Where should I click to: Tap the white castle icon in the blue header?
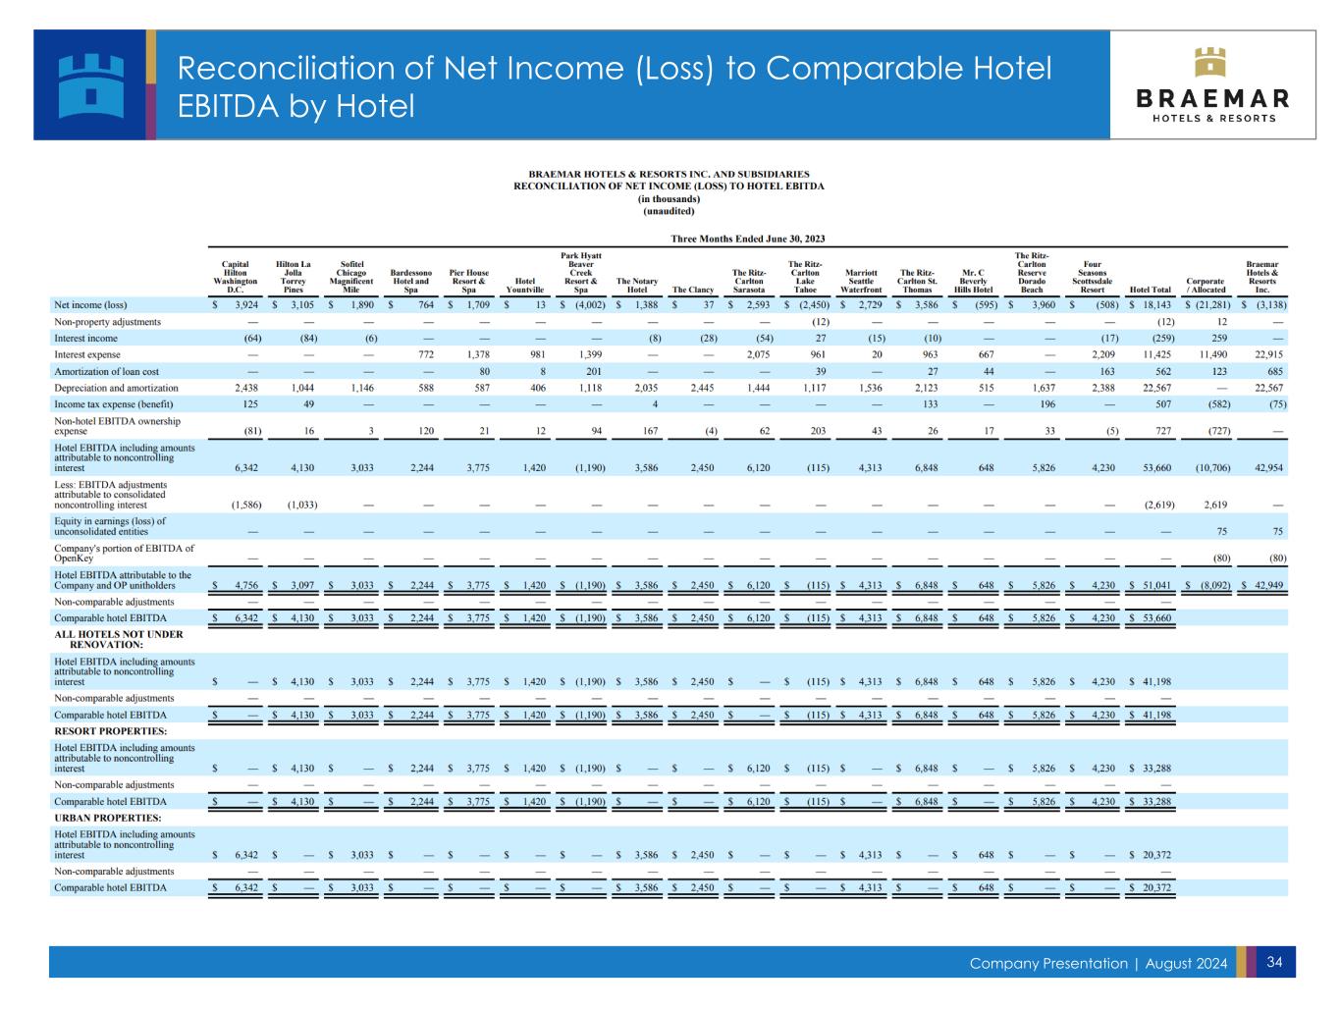(90, 84)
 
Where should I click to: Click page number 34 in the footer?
(1275, 962)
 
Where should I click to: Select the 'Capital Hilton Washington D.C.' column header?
(235, 277)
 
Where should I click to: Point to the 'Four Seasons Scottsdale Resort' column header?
(1092, 277)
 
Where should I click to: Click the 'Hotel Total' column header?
(1151, 290)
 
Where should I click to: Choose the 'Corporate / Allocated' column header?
(1206, 285)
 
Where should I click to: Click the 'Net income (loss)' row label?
(90, 305)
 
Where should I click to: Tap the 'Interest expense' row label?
(87, 354)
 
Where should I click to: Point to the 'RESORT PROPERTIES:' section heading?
(110, 731)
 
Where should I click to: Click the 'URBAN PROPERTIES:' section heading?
(108, 818)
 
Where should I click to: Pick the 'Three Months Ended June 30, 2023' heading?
(747, 239)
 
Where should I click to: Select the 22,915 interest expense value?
(1267, 354)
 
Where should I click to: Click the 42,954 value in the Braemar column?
(1267, 468)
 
